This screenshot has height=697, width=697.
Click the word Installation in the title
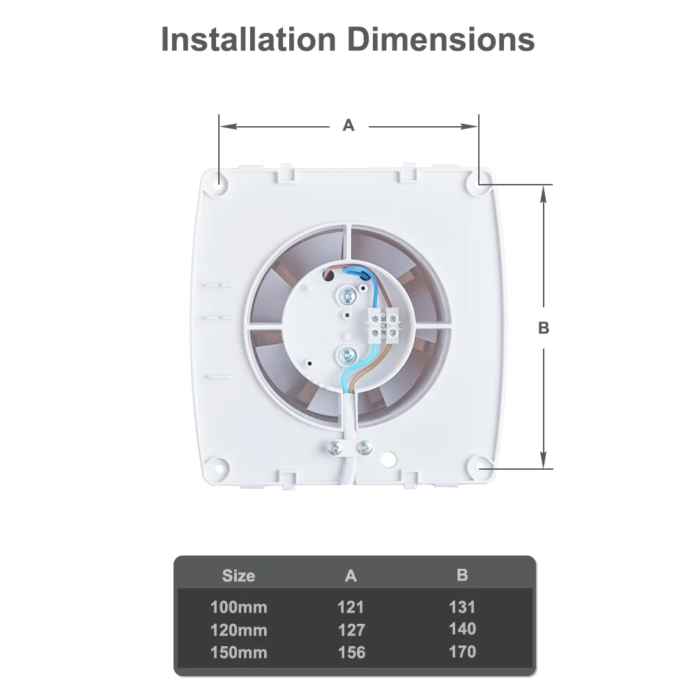pos(249,39)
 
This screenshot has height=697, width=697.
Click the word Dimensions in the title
pos(441,39)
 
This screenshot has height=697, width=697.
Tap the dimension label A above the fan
pos(348,125)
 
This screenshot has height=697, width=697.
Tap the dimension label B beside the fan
pos(544,328)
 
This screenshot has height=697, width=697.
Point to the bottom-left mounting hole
pos(219,464)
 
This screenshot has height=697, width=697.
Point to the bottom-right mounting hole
pos(480,464)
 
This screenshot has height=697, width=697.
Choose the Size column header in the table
pos(238,576)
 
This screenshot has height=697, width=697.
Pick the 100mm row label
pos(238,607)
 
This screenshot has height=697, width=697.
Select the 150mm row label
pos(238,652)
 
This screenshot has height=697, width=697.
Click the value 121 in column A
pos(351,607)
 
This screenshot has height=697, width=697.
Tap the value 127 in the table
pos(351,630)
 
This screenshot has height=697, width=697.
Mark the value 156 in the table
pos(351,652)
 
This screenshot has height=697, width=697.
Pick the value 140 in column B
pos(462,629)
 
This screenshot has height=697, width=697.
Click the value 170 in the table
pos(462,652)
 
